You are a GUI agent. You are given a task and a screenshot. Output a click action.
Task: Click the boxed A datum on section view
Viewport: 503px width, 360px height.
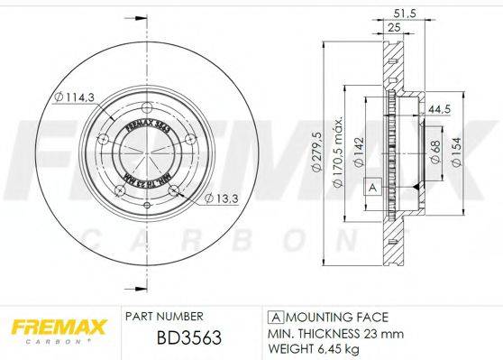(370, 186)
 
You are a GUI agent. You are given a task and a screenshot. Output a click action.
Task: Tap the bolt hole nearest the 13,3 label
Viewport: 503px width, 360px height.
(177, 189)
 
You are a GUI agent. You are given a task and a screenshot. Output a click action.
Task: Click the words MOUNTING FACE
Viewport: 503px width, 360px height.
(335, 317)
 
